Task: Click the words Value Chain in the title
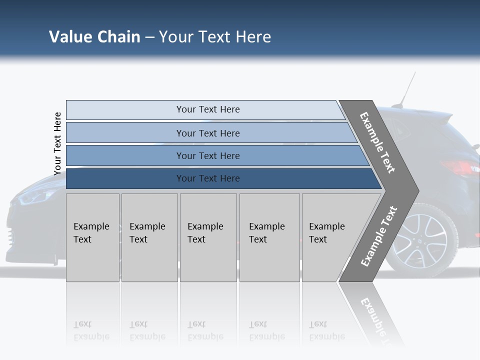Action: [x=94, y=37]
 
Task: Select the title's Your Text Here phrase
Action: [x=215, y=37]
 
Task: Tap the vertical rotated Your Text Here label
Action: [x=57, y=143]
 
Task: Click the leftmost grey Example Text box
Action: [x=92, y=237]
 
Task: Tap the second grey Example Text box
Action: [x=149, y=237]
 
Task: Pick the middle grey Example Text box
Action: [x=208, y=237]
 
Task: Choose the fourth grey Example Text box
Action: [x=269, y=237]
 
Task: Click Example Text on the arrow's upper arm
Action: [x=377, y=142]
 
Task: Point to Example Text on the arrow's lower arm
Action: [x=379, y=236]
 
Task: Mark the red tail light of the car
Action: [x=460, y=168]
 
